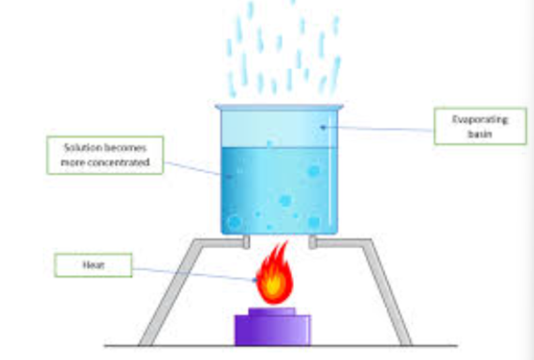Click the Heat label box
(93, 265)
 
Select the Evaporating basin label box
(480, 126)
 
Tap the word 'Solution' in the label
(83, 148)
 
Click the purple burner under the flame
(272, 327)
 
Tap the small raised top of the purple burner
(272, 311)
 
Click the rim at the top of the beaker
(279, 107)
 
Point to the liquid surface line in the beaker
(279, 148)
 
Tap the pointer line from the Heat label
(194, 274)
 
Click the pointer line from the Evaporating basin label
(378, 128)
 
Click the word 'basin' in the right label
(480, 134)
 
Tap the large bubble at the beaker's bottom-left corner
(235, 222)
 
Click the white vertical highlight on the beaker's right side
(330, 171)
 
